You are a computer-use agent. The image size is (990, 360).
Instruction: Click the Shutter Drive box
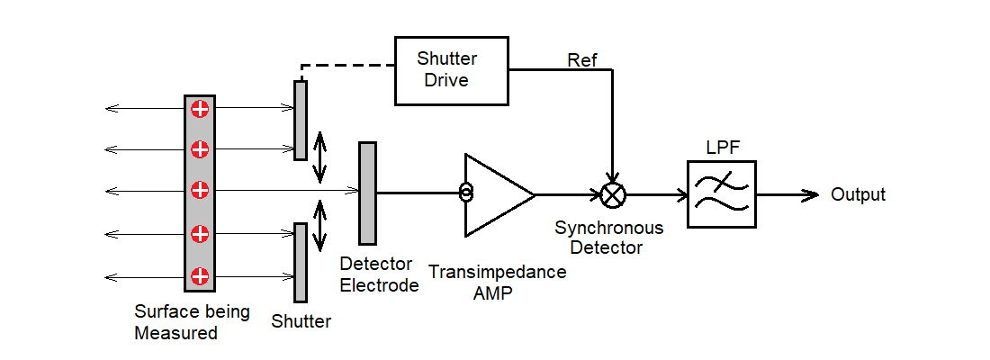(x=452, y=71)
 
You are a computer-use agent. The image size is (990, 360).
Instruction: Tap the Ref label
(x=581, y=61)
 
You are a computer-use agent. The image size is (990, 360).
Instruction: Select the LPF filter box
(x=722, y=193)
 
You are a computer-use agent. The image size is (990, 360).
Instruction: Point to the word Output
(x=858, y=194)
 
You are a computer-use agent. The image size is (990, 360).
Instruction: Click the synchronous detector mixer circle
(x=613, y=193)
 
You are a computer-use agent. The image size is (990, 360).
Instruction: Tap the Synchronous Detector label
(x=608, y=238)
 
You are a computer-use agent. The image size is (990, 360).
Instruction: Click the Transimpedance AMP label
(x=498, y=281)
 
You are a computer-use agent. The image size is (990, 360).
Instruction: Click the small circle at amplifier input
(x=465, y=193)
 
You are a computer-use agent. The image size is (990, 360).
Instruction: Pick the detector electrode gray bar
(x=367, y=193)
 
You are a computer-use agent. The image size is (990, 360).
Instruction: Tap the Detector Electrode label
(x=379, y=274)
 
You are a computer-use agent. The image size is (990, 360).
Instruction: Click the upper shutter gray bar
(x=301, y=120)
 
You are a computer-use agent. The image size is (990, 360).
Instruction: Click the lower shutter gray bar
(x=301, y=262)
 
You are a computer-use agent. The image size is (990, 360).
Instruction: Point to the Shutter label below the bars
(x=301, y=321)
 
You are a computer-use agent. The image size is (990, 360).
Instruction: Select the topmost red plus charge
(x=200, y=109)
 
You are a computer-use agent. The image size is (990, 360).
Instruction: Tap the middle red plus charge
(x=200, y=190)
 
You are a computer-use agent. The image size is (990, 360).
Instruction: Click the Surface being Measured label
(x=192, y=322)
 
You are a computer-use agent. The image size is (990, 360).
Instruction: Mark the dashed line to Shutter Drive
(x=346, y=66)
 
